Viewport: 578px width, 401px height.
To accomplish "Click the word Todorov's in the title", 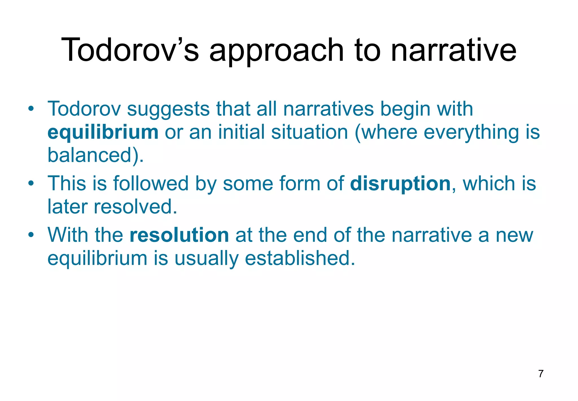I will tap(130, 50).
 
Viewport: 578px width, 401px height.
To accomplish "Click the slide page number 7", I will tap(541, 374).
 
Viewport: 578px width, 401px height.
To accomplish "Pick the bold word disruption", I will tap(400, 184).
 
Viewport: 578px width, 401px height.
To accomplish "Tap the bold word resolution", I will tap(179, 235).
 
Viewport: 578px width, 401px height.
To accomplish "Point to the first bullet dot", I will tap(31, 109).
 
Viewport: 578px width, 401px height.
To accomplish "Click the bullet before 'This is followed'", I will tap(31, 184).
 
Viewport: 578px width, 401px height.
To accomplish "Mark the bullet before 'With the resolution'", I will tap(31, 235).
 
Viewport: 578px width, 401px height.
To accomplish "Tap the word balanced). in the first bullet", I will tap(96, 155).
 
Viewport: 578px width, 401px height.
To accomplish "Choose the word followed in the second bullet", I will tap(151, 184).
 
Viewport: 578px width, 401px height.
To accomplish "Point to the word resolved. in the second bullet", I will tap(135, 207).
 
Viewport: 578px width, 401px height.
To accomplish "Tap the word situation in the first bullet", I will tap(310, 132).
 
